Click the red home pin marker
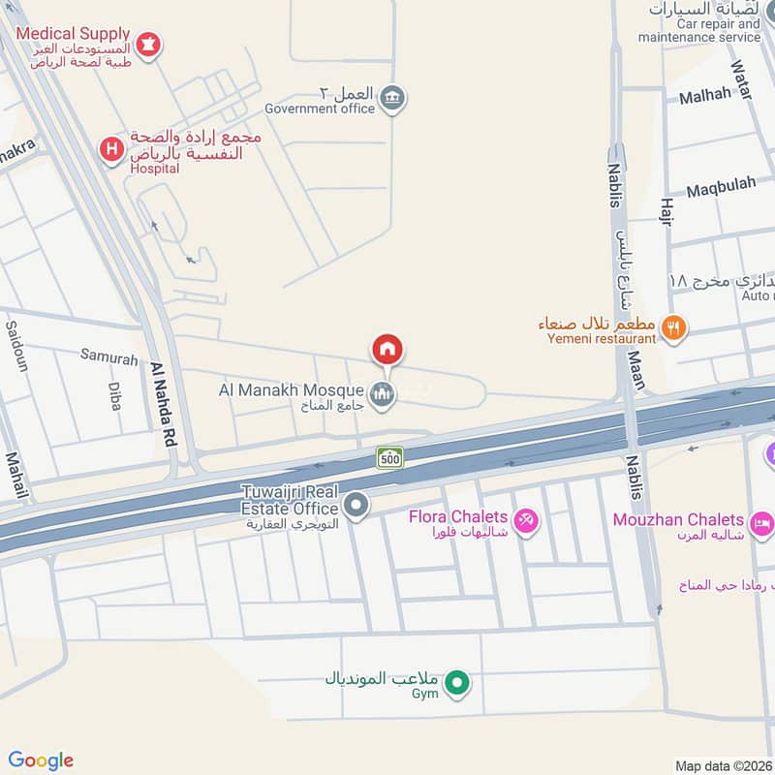(387, 350)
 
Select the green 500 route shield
(390, 457)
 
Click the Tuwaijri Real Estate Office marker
(356, 505)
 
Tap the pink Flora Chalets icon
(526, 521)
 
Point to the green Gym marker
(461, 685)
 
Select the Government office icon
(391, 100)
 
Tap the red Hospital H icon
(112, 149)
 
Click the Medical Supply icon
(148, 43)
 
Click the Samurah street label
(108, 359)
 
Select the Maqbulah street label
(721, 190)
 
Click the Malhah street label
(704, 96)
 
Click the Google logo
(41, 760)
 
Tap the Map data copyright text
(722, 765)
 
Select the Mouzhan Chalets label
(678, 520)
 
